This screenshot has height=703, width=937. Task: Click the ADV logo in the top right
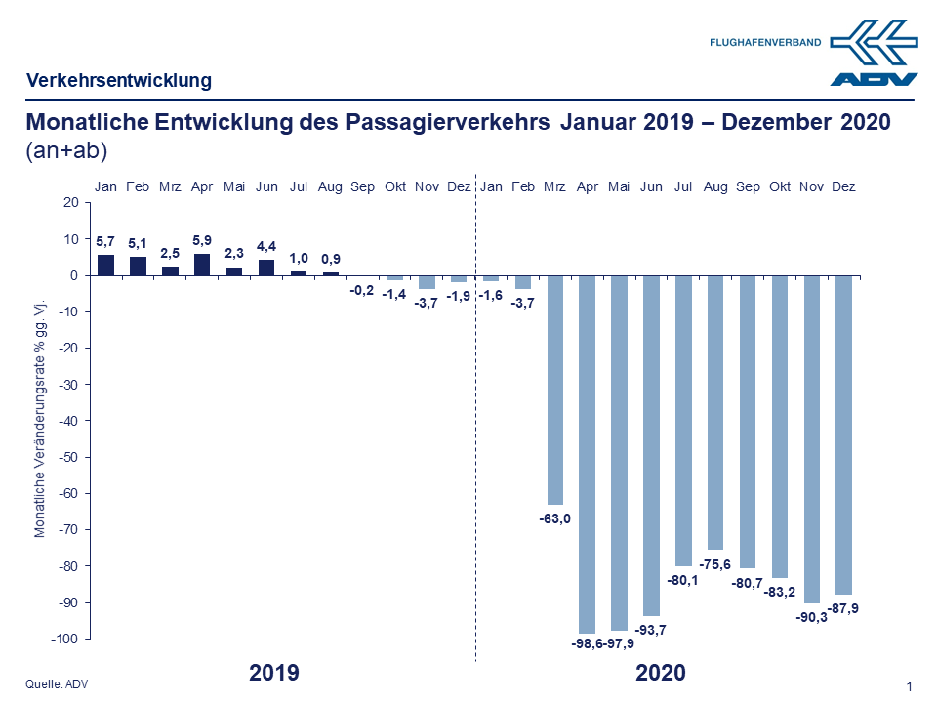pos(875,53)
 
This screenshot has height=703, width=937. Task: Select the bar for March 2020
pos(555,390)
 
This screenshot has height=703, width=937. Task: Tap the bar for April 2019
pos(202,265)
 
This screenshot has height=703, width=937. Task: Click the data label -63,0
pos(554,517)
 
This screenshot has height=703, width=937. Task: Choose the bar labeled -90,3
pos(811,439)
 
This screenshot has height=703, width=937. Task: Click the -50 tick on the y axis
pos(70,457)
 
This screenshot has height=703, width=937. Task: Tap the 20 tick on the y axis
pos(70,203)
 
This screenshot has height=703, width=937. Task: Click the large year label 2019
pos(274,673)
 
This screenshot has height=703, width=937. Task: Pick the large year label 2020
pos(661,673)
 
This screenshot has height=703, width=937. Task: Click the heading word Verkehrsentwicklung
pos(119,81)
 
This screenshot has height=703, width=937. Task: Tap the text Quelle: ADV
pos(57,684)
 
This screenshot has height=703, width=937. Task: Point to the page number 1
pos(909,687)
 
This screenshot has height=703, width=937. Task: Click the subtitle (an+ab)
pos(66,151)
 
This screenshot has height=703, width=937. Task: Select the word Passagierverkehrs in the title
pos(450,123)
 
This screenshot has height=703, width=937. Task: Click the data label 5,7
pos(105,239)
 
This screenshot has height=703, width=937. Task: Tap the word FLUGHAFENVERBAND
pos(766,42)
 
